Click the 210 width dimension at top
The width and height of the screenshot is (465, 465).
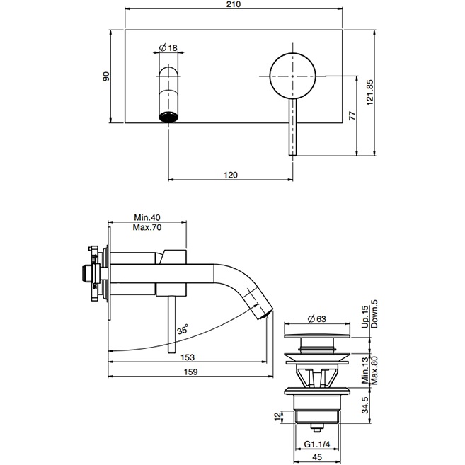pos(234,6)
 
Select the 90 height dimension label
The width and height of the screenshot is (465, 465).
pos(107,76)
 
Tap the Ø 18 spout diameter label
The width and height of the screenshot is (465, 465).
pos(168,47)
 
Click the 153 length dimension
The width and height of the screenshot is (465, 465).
pos(187,357)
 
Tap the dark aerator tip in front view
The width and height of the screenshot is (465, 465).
pos(168,116)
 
